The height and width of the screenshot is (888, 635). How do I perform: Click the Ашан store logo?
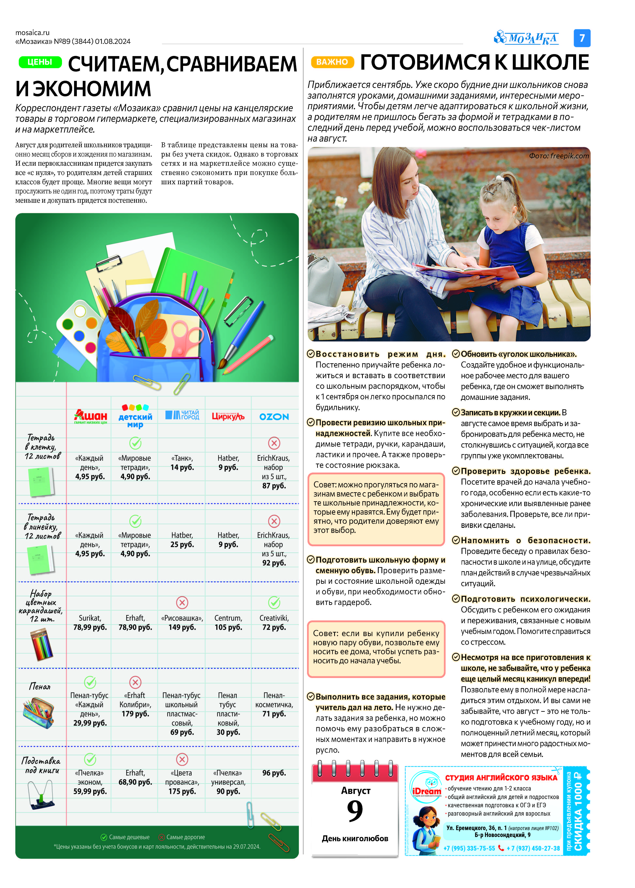(x=90, y=416)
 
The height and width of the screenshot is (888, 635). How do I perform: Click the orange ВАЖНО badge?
(x=332, y=62)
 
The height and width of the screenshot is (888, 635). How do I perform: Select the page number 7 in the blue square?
(x=582, y=38)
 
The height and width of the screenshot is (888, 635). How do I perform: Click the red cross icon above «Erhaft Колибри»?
(x=135, y=682)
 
